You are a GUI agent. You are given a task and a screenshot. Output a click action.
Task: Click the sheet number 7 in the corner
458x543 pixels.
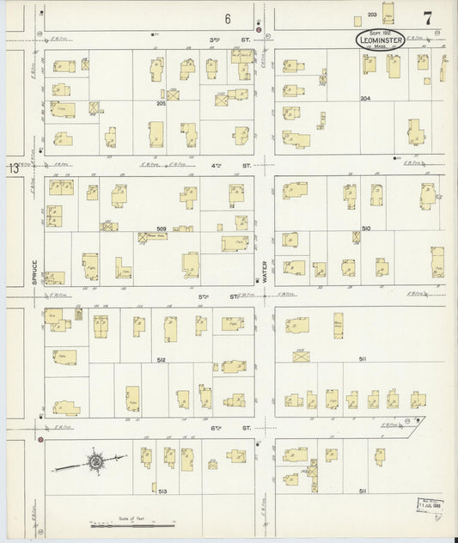tap(426, 17)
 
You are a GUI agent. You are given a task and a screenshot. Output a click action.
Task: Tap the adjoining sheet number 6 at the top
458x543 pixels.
tap(229, 18)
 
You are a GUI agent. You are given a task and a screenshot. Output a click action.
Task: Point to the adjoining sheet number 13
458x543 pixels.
tap(14, 168)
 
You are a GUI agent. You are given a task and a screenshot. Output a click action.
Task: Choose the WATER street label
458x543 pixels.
tap(266, 272)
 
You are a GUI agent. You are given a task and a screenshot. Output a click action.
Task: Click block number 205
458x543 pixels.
tap(161, 103)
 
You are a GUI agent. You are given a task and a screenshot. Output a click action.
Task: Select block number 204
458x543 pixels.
tap(365, 99)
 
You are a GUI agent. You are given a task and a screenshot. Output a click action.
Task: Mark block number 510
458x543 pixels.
tap(365, 228)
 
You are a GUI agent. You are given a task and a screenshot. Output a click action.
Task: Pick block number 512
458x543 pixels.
tap(161, 358)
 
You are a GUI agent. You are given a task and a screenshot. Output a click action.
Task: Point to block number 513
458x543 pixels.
tap(161, 490)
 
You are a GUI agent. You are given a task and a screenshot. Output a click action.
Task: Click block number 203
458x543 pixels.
tap(372, 15)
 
